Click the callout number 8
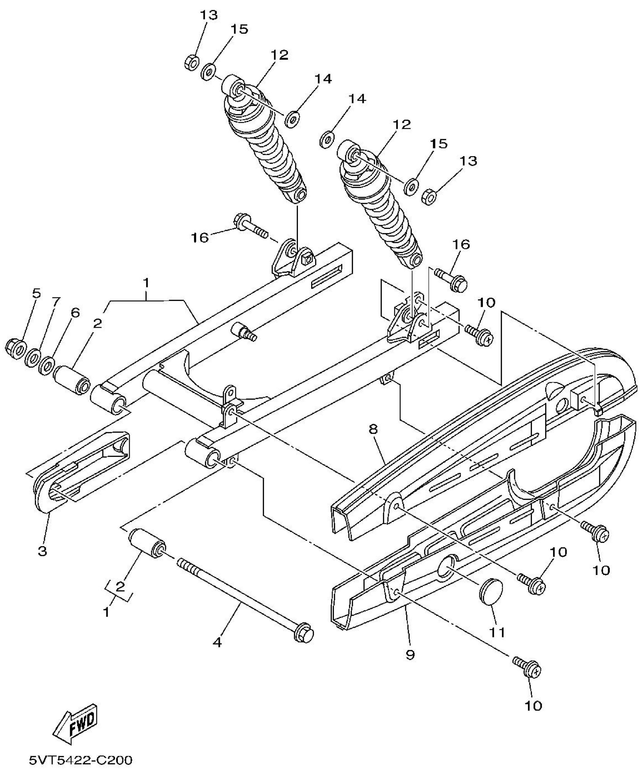point(373,429)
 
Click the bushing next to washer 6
point(72,382)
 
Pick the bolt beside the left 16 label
point(250,226)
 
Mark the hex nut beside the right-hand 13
point(429,197)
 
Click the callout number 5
point(37,293)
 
